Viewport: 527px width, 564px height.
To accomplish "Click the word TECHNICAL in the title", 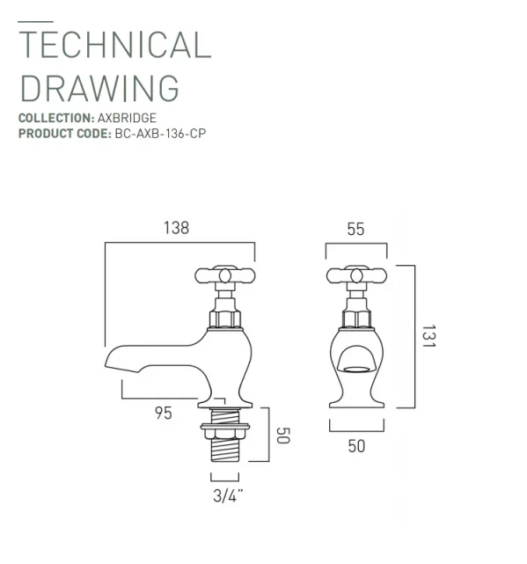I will click(x=114, y=46).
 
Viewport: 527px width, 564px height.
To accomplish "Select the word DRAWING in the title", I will click(x=99, y=88).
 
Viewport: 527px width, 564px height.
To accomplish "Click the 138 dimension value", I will click(x=176, y=228).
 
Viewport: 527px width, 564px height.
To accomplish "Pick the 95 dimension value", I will click(x=163, y=414).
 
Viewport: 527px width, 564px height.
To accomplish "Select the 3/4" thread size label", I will click(x=228, y=495).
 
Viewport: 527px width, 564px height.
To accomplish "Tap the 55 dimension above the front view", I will click(x=355, y=229).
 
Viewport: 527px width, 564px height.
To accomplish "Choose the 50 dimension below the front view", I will click(x=355, y=446).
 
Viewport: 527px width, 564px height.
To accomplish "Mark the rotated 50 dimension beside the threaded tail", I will click(x=282, y=435).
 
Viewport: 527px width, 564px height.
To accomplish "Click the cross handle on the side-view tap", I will click(x=225, y=275).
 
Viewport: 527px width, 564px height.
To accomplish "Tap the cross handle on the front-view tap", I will click(x=356, y=275).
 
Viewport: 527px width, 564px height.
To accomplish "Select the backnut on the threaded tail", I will click(x=226, y=430).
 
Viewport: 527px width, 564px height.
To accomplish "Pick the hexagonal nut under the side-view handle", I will click(x=225, y=316).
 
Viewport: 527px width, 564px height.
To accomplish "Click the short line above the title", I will click(x=35, y=21).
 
